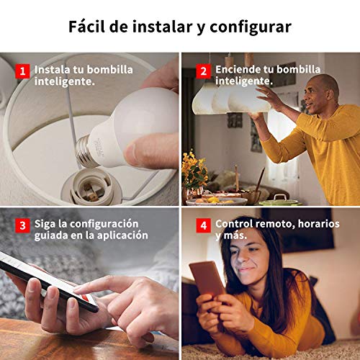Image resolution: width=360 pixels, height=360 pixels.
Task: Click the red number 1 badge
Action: click(22, 71)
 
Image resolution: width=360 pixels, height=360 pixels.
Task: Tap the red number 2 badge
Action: click(203, 71)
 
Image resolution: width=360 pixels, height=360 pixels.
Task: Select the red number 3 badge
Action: click(22, 225)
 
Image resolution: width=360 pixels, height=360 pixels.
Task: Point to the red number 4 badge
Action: click(203, 225)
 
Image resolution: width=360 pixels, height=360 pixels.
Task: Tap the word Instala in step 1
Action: click(53, 70)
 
